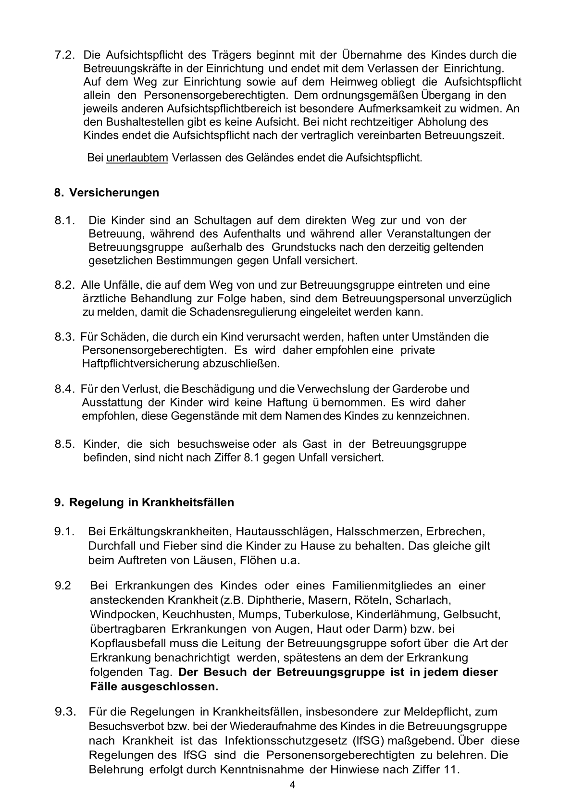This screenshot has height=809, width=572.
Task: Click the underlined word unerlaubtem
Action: (x=137, y=158)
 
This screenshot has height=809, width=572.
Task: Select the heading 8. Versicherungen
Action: (x=106, y=193)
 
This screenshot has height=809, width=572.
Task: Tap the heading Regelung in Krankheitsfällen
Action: (x=151, y=503)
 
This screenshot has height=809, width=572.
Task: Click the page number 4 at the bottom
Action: (x=293, y=785)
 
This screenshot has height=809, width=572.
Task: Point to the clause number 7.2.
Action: (x=65, y=55)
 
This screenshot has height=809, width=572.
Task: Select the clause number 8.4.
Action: (x=65, y=389)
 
